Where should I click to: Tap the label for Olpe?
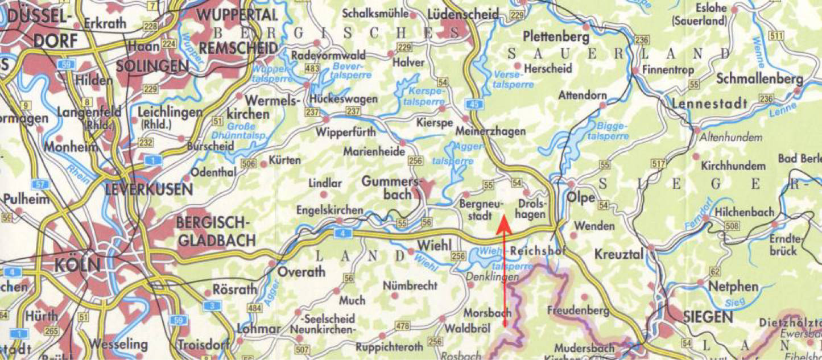click(x=581, y=197)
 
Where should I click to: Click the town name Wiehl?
click(x=434, y=245)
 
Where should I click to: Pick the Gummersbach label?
click(x=389, y=188)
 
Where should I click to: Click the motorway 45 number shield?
click(x=474, y=103)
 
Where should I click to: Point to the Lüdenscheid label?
click(x=462, y=14)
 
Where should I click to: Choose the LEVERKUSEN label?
click(x=149, y=189)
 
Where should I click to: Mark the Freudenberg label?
click(x=577, y=311)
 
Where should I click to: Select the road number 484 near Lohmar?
click(x=254, y=308)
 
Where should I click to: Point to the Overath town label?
click(x=301, y=272)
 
